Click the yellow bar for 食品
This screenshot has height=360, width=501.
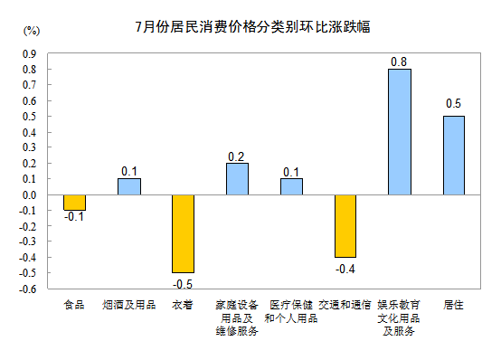click(74, 203)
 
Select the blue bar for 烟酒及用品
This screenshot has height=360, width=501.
click(128, 186)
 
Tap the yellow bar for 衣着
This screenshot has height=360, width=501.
click(183, 233)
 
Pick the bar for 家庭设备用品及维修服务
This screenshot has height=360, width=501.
click(237, 179)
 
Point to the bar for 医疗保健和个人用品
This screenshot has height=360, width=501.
click(291, 186)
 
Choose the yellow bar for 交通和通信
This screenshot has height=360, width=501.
click(345, 226)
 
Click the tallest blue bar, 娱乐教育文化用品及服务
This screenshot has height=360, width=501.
click(400, 132)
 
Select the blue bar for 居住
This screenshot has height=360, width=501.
click(454, 156)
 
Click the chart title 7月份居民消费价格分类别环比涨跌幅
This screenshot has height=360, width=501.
click(251, 27)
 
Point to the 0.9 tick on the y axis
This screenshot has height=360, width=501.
click(29, 53)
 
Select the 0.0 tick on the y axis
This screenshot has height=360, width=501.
click(29, 194)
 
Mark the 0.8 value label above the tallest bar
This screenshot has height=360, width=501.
click(399, 62)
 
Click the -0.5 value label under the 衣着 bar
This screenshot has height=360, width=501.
click(183, 282)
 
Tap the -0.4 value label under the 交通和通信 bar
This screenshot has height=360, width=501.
click(345, 269)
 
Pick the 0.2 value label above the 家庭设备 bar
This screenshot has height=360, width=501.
click(237, 156)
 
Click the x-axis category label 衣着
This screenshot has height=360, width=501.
click(183, 306)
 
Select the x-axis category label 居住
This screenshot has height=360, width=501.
click(454, 306)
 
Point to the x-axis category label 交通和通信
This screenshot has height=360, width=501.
click(345, 306)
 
